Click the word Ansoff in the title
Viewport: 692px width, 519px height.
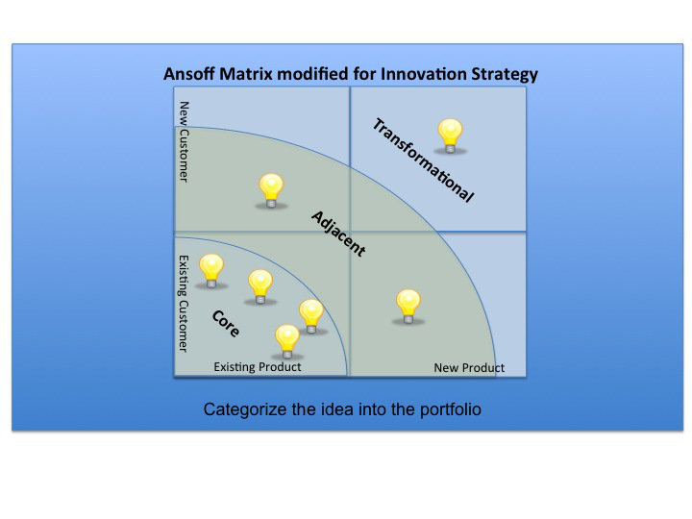[x=189, y=74]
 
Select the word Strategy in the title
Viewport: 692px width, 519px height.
[x=505, y=75]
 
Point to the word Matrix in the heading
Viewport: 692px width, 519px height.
[x=246, y=74]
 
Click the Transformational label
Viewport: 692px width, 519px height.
[x=423, y=160]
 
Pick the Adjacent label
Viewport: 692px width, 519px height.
[x=338, y=234]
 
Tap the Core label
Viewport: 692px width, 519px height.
[x=226, y=324]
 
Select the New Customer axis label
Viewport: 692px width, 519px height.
[x=184, y=141]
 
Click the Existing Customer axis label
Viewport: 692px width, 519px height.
[x=184, y=304]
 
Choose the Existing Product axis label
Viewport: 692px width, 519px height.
[x=258, y=367]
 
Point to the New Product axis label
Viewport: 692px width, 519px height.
[x=469, y=367]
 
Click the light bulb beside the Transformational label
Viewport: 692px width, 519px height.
[x=450, y=136]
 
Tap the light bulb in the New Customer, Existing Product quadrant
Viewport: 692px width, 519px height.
[x=271, y=190]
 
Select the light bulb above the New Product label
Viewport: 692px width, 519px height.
[x=408, y=307]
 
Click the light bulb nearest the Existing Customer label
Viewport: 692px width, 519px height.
[x=211, y=271]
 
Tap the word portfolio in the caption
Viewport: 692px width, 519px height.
[x=450, y=410]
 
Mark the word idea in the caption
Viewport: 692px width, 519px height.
[x=337, y=409]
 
